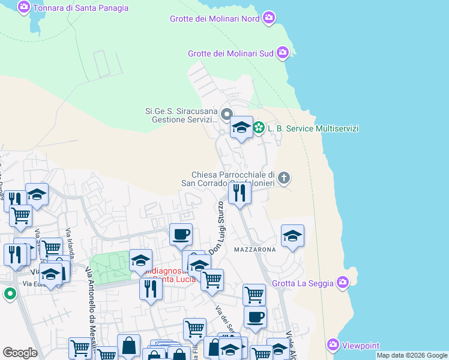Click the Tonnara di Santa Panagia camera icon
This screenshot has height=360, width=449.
(23, 8)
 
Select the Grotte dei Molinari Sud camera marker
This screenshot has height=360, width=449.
(283, 53)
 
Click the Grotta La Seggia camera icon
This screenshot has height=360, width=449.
(343, 281)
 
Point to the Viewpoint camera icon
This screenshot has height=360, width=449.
(333, 345)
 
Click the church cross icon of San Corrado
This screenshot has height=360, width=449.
(284, 178)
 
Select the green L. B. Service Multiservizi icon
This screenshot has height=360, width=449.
(259, 128)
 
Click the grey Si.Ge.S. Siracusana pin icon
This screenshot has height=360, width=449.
(226, 114)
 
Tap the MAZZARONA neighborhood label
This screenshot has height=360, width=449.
(255, 249)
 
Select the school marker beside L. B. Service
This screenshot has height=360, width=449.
(241, 128)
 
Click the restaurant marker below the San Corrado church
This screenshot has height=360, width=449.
(240, 193)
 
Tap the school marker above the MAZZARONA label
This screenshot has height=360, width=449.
(292, 235)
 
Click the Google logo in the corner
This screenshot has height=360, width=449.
(20, 353)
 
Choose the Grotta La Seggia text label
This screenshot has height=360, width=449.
(304, 282)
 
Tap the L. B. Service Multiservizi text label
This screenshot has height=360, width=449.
(313, 128)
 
